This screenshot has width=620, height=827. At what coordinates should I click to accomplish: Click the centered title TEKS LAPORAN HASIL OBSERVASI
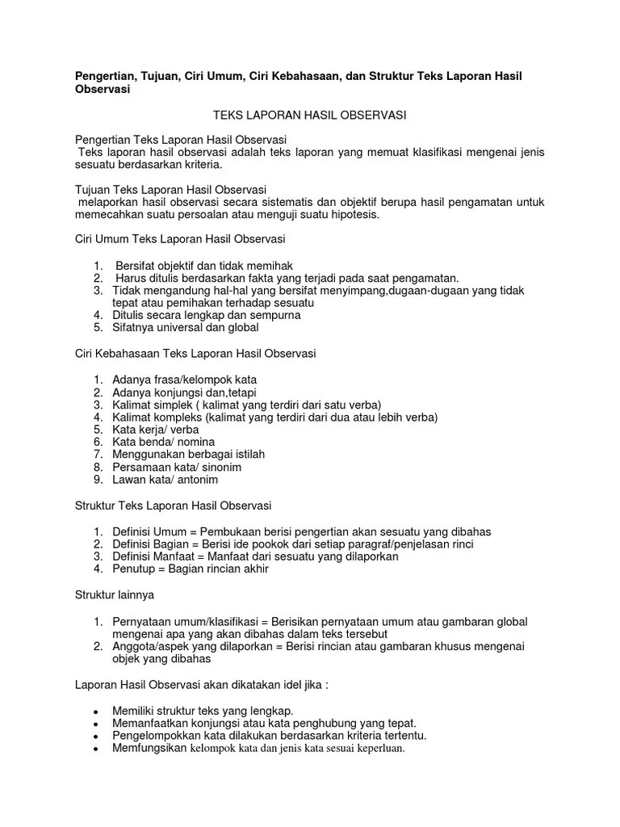(x=309, y=115)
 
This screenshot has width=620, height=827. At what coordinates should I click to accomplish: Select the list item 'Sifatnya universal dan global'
(x=185, y=328)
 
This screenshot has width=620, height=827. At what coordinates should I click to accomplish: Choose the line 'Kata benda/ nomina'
(x=163, y=442)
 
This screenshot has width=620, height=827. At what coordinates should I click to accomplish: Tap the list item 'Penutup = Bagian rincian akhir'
(x=190, y=569)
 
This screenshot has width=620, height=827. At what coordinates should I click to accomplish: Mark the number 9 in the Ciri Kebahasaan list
(x=96, y=480)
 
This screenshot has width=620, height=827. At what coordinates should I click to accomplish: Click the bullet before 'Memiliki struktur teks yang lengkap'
(x=96, y=711)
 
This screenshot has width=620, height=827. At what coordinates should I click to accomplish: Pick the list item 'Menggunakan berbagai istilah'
(x=188, y=455)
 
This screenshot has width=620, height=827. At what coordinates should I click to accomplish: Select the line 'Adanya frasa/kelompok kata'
(x=184, y=380)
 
